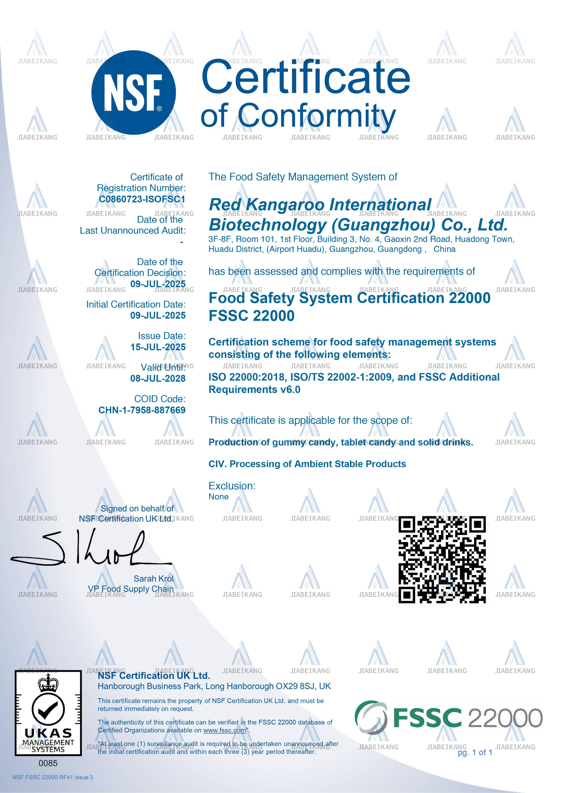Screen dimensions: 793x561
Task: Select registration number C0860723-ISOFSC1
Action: click(142, 199)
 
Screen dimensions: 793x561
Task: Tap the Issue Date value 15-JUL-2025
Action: click(158, 347)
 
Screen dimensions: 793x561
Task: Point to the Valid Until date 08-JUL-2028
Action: click(158, 379)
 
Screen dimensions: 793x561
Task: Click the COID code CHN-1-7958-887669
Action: click(142, 410)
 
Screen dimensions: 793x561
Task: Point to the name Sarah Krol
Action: click(154, 579)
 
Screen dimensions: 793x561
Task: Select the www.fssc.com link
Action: click(225, 730)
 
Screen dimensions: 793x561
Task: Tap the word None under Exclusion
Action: click(218, 497)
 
